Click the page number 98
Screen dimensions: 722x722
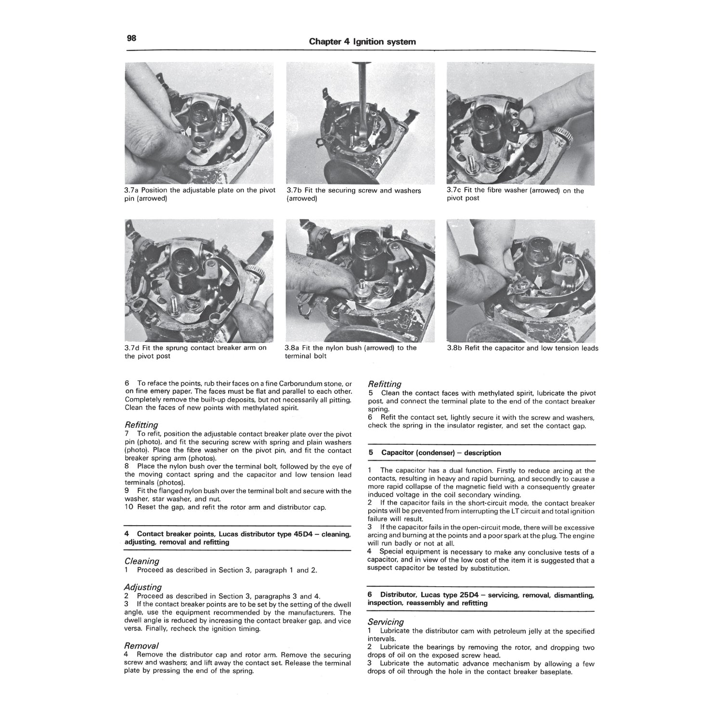pos(131,39)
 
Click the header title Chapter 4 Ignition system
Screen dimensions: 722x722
pos(362,42)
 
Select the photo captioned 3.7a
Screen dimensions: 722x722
pos(199,123)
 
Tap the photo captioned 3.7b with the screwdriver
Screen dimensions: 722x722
pos(360,123)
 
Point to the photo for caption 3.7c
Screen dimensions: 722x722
pos(520,123)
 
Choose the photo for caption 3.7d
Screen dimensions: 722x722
pos(199,281)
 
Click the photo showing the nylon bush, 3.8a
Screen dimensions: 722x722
pos(360,281)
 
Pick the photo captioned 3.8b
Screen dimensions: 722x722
pos(520,281)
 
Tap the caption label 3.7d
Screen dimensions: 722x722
pos(133,348)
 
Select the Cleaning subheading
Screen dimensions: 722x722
pos(142,561)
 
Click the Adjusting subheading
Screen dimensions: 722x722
pos(143,587)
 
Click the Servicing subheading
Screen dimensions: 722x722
pos(386,622)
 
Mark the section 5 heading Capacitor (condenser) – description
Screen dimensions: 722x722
pos(440,453)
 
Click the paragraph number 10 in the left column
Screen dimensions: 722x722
pos(129,507)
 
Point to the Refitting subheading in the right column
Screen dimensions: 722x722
pos(385,384)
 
